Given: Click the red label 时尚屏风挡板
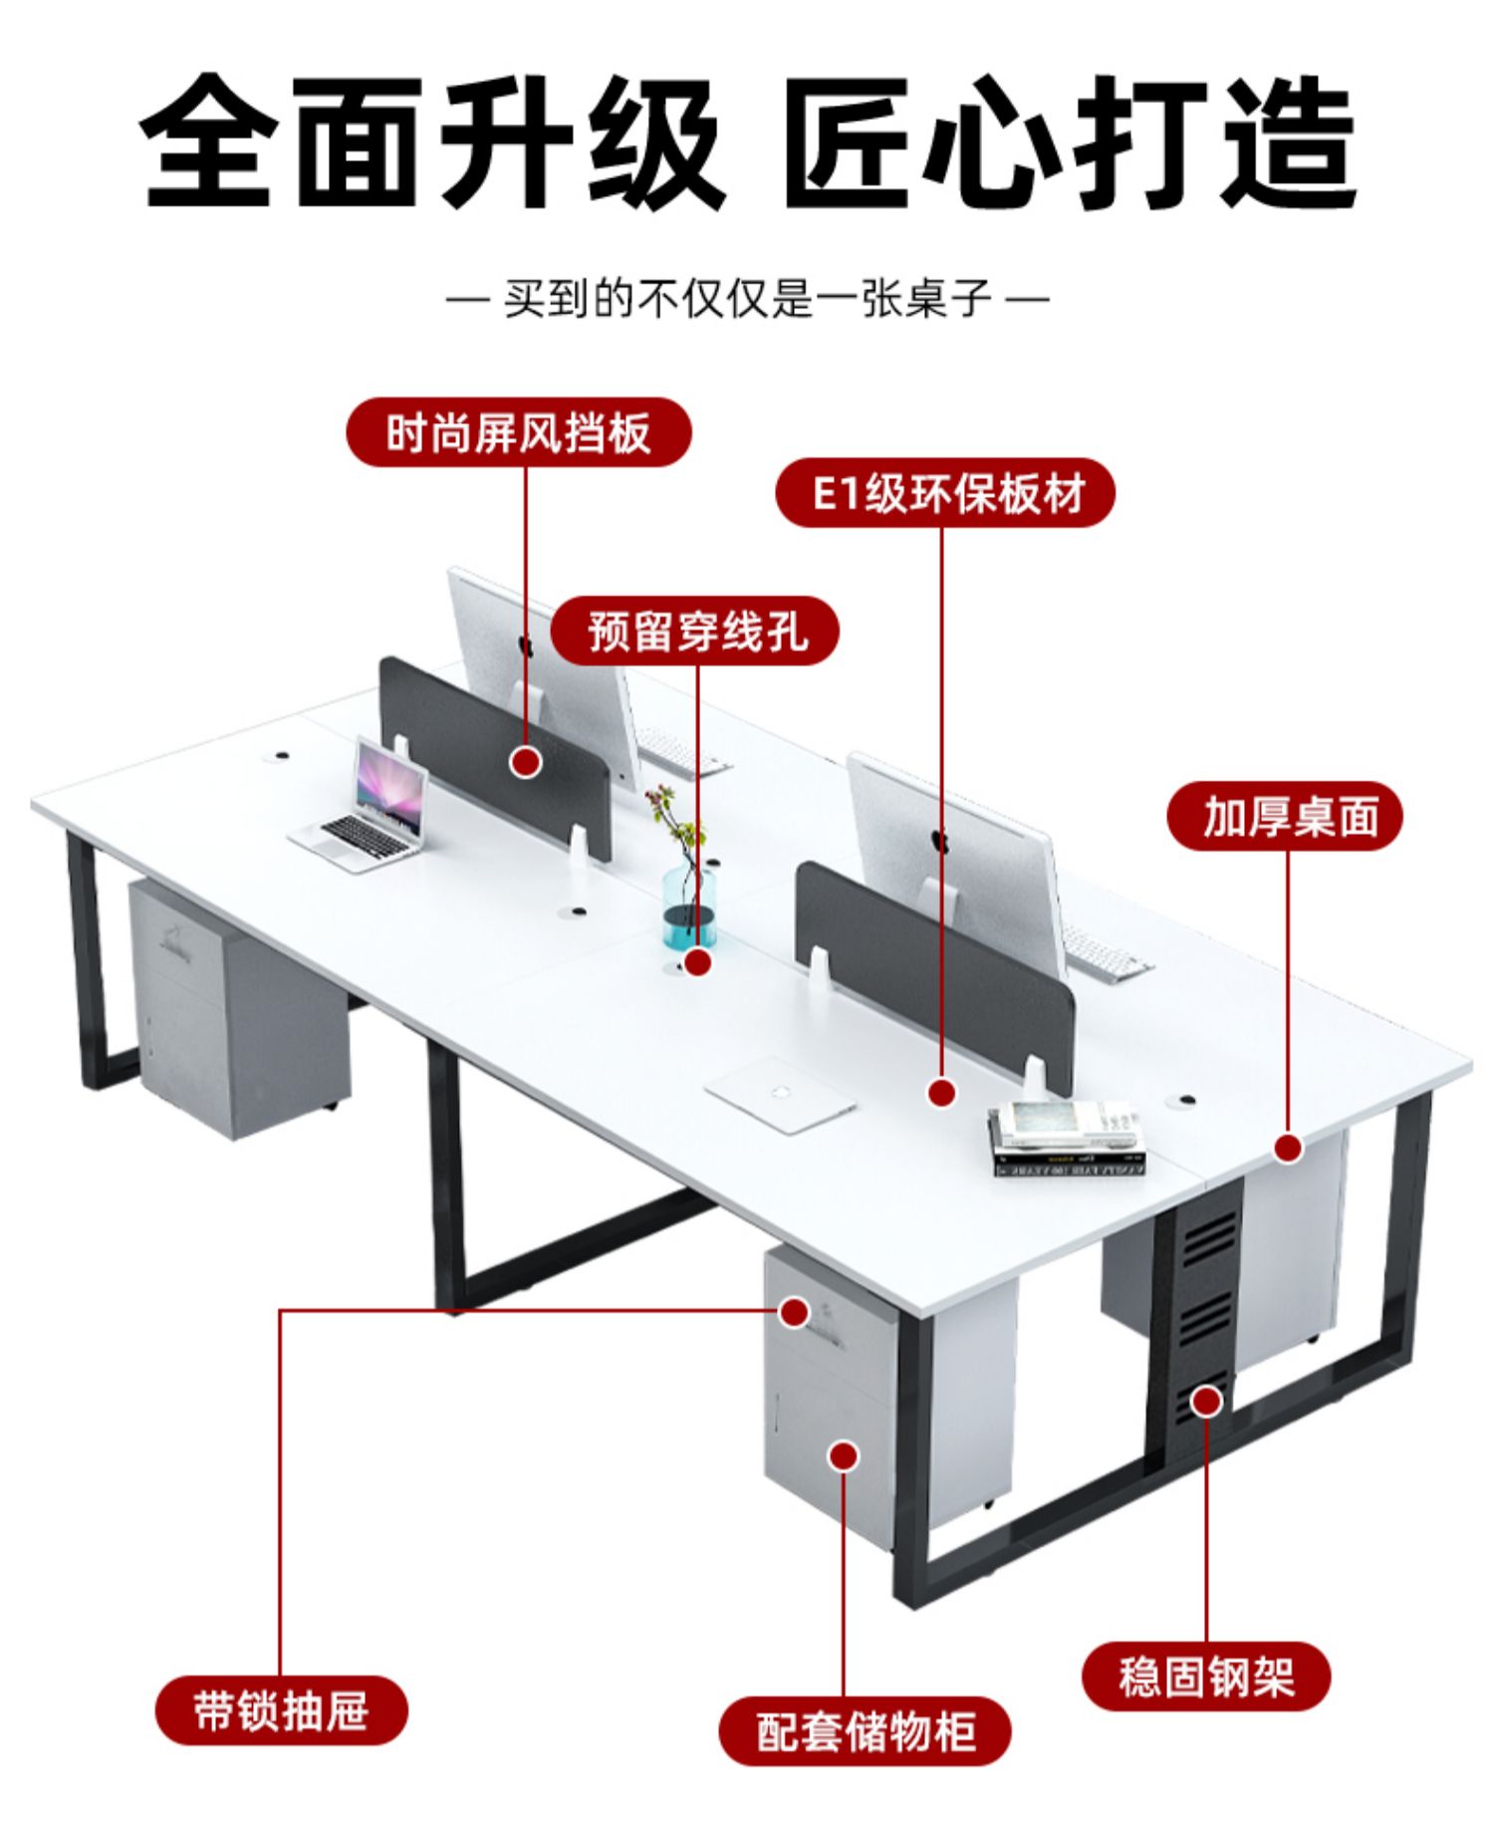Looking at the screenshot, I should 518,433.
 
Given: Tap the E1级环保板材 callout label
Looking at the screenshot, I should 944,493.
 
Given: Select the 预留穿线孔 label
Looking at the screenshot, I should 695,631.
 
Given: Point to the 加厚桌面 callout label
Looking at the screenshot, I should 1285,816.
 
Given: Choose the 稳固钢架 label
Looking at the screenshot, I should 1205,1677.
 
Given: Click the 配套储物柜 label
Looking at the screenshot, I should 865,1731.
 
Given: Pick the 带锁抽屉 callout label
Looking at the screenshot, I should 282,1710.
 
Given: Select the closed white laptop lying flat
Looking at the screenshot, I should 781,1094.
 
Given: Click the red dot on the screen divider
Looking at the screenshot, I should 526,763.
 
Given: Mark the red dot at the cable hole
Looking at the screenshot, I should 698,962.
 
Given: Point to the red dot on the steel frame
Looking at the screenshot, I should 1207,1402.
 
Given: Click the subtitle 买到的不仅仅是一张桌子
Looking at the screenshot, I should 747,298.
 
